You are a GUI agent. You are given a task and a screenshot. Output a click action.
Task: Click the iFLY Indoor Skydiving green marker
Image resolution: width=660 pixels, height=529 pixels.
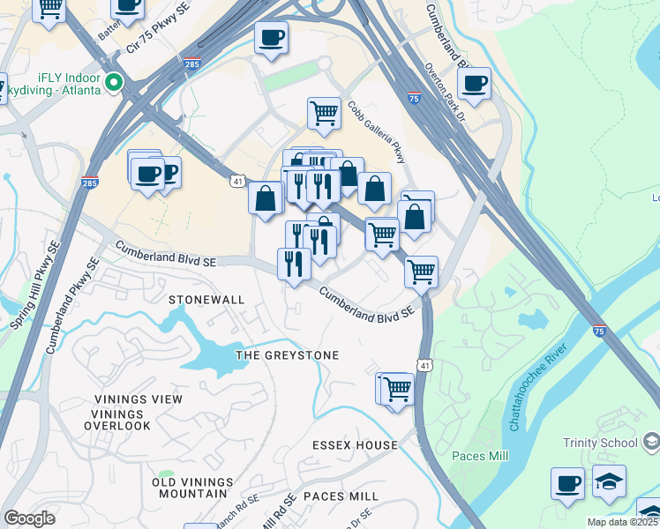click(x=113, y=84)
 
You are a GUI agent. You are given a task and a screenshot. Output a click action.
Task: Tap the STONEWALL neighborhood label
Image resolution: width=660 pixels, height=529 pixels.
click(x=206, y=300)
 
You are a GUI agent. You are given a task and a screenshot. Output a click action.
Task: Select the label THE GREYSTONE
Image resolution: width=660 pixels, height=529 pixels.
click(x=287, y=355)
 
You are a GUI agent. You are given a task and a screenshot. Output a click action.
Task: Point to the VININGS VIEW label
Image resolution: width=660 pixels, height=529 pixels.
click(x=138, y=399)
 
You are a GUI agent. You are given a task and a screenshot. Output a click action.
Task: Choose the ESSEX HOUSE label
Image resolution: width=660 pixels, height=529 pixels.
click(x=355, y=445)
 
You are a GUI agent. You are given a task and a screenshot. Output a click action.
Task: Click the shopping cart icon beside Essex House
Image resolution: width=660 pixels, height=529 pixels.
click(x=397, y=387)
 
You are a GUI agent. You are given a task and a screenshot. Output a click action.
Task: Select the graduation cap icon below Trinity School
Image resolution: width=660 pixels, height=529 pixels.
click(x=609, y=481)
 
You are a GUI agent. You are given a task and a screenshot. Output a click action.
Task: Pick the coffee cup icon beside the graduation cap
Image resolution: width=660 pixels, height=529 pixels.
click(x=567, y=483)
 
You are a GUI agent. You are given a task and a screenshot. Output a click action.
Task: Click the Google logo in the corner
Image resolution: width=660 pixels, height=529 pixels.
click(x=30, y=518)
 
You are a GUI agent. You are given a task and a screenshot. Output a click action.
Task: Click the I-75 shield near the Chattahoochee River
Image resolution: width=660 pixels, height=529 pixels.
click(x=599, y=332)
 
